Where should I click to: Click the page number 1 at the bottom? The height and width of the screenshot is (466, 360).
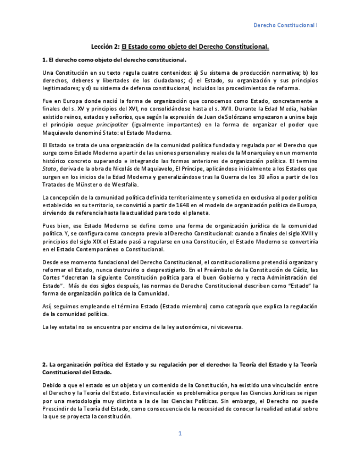(180, 434)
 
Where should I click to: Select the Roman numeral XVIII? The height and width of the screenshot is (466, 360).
(297, 234)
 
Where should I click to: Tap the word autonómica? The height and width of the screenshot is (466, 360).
(190, 327)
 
